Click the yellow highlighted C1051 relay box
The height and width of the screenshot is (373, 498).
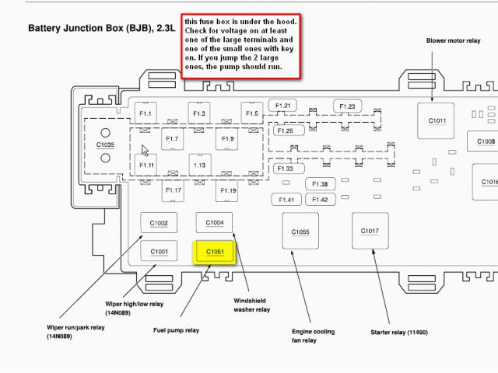(x=215, y=252)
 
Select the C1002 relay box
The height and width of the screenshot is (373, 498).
(x=159, y=223)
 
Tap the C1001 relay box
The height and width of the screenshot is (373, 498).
(x=159, y=251)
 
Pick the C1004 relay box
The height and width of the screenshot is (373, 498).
(x=215, y=223)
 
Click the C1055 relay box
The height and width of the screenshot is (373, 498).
(x=300, y=232)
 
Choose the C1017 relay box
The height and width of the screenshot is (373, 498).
(x=370, y=231)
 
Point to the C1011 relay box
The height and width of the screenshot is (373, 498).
(x=437, y=121)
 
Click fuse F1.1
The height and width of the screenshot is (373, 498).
(x=146, y=114)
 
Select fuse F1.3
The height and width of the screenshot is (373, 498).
(x=199, y=114)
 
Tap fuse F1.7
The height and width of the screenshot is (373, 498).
(x=173, y=138)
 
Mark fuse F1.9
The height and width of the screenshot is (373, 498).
(x=227, y=138)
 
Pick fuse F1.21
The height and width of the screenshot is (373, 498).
(x=282, y=106)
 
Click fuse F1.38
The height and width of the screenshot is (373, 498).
(x=320, y=184)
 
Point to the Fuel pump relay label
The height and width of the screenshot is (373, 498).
(x=176, y=330)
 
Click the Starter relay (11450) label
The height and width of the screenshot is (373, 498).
(x=399, y=333)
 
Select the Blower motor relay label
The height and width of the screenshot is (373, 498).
(x=452, y=40)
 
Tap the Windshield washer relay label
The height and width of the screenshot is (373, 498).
(x=252, y=305)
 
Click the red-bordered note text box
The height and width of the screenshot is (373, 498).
(x=240, y=44)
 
